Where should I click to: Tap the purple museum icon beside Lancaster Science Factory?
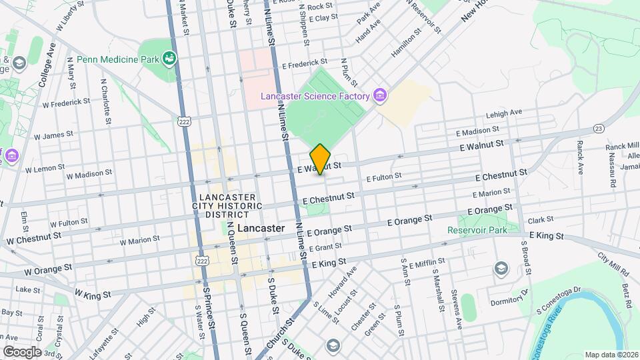(x=380, y=96)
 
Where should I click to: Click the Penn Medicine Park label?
(x=117, y=59)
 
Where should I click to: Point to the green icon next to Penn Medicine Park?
(x=170, y=59)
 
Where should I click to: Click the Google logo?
(x=22, y=351)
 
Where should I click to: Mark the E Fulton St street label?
(x=384, y=177)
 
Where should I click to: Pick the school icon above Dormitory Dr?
(x=500, y=268)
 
